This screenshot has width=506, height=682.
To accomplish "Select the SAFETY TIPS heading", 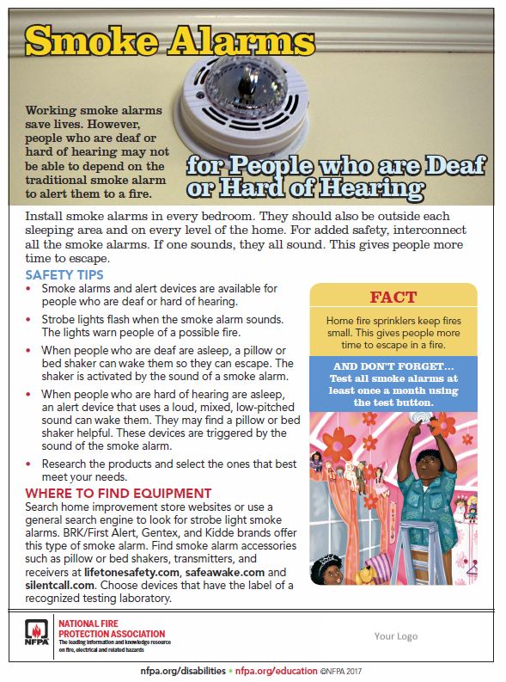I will pos(64,275).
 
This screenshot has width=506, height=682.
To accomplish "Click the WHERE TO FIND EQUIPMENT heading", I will pos(118,494).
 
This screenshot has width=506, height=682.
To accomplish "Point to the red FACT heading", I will pos(393,298).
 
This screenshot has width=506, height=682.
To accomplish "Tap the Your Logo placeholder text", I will pos(395,636).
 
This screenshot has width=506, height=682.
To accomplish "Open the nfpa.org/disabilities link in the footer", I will pos(184,670).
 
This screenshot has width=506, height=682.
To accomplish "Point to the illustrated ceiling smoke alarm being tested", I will pos(422,416).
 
